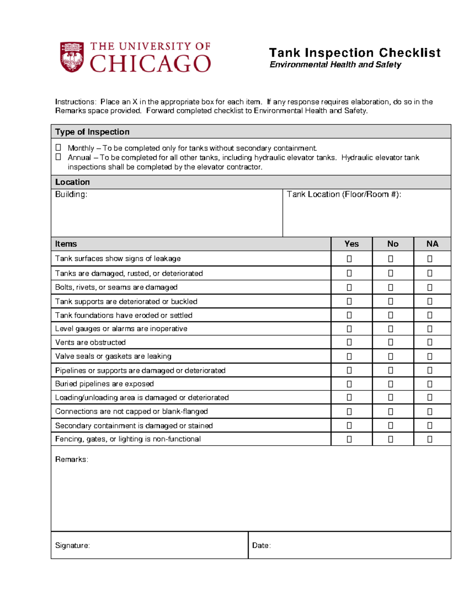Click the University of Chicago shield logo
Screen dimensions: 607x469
click(x=72, y=57)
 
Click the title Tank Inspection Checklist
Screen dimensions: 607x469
click(x=354, y=53)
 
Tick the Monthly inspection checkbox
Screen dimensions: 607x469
click(x=58, y=147)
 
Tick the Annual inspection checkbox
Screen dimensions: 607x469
click(x=58, y=157)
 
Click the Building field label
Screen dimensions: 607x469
click(x=71, y=194)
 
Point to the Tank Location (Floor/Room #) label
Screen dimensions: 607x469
click(x=344, y=194)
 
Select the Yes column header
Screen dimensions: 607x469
click(x=351, y=244)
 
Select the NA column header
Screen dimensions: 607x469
click(x=432, y=244)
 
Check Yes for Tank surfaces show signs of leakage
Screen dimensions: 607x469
click(x=349, y=259)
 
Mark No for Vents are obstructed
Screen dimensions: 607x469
click(x=390, y=342)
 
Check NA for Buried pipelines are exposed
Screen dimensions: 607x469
click(x=430, y=384)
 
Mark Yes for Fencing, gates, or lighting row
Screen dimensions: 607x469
click(x=349, y=439)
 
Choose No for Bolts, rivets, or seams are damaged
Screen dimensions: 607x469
click(x=390, y=288)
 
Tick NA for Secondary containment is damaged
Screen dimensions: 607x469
click(x=430, y=425)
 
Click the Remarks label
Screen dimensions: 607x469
click(x=72, y=459)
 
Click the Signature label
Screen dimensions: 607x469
click(x=72, y=545)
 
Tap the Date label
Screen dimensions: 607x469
click(x=261, y=545)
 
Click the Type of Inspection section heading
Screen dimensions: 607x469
click(x=92, y=132)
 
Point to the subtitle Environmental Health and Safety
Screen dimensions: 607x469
click(x=335, y=64)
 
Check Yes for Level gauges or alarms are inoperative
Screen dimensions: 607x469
click(x=349, y=329)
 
